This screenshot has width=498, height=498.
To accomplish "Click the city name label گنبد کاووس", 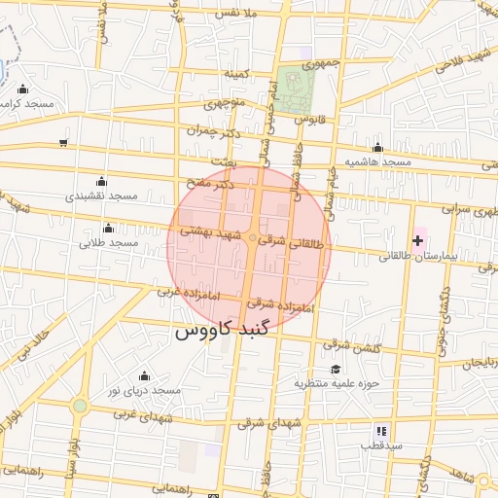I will pyautogui.click(x=228, y=331).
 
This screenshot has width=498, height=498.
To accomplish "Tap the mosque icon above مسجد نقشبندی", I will pyautogui.click(x=101, y=181).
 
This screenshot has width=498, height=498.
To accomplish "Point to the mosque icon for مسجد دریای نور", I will pyautogui.click(x=145, y=375).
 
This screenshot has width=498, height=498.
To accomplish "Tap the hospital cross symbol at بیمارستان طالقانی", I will pyautogui.click(x=418, y=240).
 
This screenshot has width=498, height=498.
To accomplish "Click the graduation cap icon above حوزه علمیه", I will pyautogui.click(x=336, y=370).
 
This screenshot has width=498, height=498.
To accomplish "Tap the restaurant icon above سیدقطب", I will pyautogui.click(x=381, y=430).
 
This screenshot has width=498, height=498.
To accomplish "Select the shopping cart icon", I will pyautogui.click(x=63, y=143).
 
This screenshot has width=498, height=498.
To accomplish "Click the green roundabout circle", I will pyautogui.click(x=80, y=406).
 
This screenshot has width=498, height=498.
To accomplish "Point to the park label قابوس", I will pyautogui.click(x=306, y=119).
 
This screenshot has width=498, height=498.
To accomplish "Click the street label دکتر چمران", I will pyautogui.click(x=211, y=129).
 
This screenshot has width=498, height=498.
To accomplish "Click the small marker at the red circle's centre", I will pyautogui.click(x=252, y=237).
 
